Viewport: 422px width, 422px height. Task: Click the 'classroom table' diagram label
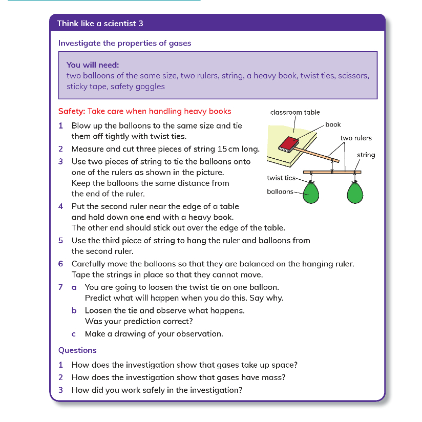point(295,113)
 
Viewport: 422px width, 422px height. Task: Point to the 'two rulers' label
point(356,138)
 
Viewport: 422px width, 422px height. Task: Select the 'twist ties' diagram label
point(281,178)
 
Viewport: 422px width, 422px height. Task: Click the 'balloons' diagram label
point(280,192)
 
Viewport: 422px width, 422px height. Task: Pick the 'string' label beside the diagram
point(366,155)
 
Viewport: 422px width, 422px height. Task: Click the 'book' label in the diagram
point(333,124)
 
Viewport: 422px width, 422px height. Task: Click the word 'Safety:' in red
point(72,111)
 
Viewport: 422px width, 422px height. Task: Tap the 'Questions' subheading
point(77,350)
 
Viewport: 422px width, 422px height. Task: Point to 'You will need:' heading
point(93,65)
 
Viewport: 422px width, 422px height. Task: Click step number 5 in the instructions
point(60,240)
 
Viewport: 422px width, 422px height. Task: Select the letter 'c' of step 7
point(74,334)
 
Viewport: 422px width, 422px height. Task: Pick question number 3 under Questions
point(60,390)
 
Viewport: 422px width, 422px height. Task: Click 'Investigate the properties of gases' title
point(124,43)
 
